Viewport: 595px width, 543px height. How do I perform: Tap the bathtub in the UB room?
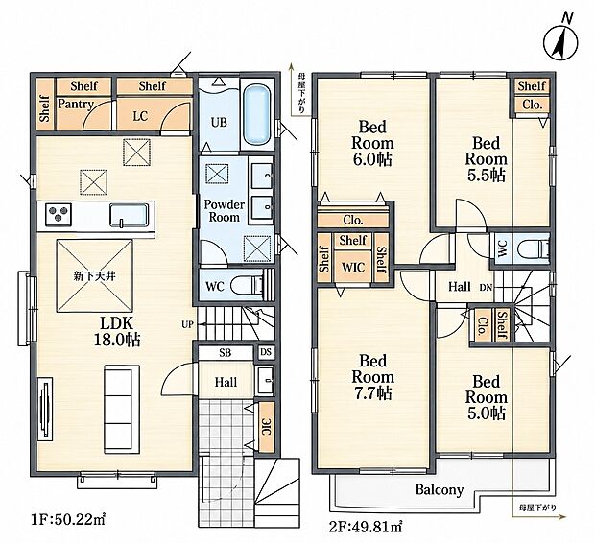tap(257, 115)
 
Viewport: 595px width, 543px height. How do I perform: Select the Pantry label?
tap(76, 104)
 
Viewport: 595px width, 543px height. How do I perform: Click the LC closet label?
tap(140, 116)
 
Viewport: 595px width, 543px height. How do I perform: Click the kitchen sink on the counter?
tap(129, 215)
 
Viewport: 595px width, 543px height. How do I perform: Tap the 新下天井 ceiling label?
tap(94, 276)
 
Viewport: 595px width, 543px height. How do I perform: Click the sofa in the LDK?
tap(122, 409)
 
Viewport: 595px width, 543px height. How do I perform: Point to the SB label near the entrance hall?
tap(225, 353)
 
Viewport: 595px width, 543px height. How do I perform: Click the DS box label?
tap(266, 352)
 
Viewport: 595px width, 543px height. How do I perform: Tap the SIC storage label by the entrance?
tap(266, 427)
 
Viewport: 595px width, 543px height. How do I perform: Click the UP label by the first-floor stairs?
tap(187, 324)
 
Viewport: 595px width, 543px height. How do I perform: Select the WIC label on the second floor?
tap(353, 267)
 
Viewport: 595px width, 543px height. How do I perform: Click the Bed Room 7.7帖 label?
tap(373, 377)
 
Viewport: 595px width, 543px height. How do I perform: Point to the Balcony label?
tap(440, 489)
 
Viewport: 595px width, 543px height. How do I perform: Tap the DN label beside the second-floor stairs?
tap(486, 287)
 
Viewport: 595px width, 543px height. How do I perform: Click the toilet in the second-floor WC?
tap(534, 248)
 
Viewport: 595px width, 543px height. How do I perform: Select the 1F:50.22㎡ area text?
tap(67, 520)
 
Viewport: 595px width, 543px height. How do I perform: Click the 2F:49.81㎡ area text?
tap(365, 527)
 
